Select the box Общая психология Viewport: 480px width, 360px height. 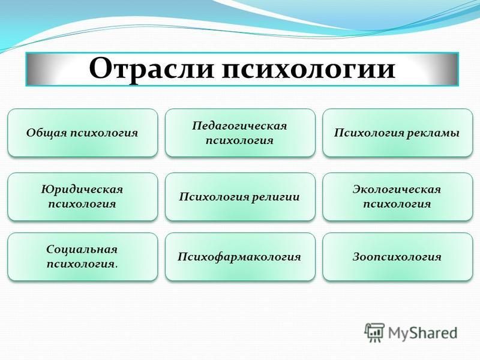(83, 133)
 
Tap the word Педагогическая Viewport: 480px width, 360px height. (239, 126)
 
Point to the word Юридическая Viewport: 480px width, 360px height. (82, 190)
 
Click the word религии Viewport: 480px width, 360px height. (275, 197)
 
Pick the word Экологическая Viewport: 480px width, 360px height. (397, 190)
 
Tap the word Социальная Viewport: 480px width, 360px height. (82, 250)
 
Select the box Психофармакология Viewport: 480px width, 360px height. (240, 257)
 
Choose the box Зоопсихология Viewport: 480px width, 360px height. (398, 257)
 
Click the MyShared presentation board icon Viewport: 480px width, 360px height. (374, 332)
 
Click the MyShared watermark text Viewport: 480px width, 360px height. (422, 333)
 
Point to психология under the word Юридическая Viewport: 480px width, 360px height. (82, 204)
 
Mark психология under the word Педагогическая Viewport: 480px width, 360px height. (239, 140)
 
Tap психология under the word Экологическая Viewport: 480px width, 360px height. (397, 204)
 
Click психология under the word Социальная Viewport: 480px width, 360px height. (82, 264)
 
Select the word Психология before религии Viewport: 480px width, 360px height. (214, 197)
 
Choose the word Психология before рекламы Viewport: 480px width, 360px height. (369, 133)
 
